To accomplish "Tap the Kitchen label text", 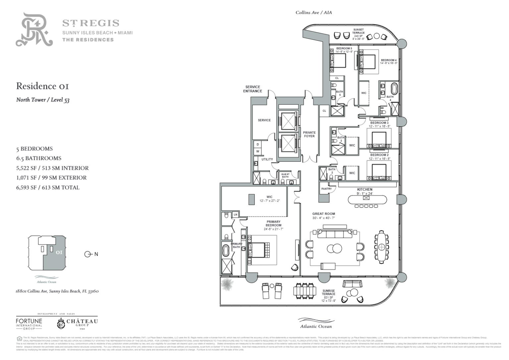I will point(365,190).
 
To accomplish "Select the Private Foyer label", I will point(309,134).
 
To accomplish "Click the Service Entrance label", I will point(253,89).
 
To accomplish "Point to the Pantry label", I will point(326,189).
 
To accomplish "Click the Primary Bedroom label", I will point(273,224).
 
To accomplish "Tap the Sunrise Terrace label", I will point(328,292).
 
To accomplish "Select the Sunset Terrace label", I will point(358,31).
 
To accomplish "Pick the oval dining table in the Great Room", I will point(382,247).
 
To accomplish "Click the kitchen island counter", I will point(367,200).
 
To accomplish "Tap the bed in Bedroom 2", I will point(379,172).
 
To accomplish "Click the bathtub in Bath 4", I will point(394,90).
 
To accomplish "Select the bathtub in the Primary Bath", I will point(226,251).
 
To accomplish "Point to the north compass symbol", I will point(88,254).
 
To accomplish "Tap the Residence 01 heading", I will point(43,86).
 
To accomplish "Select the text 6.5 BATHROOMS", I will point(39,158).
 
